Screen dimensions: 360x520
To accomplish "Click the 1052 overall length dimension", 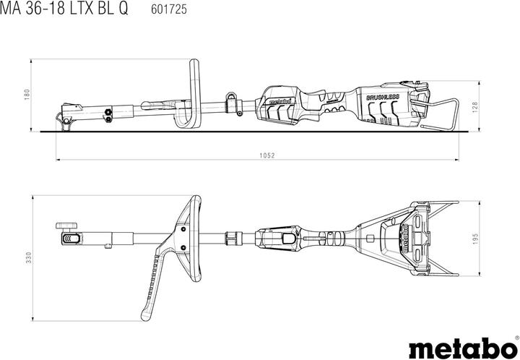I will pyautogui.click(x=257, y=155).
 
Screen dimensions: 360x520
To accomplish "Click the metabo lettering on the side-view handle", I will pyautogui.click(x=278, y=103).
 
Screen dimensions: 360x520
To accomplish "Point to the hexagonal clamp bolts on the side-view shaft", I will pyautogui.click(x=109, y=112).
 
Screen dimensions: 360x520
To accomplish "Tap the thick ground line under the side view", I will pyautogui.click(x=253, y=132).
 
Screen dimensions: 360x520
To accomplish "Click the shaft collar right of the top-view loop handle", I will pyautogui.click(x=232, y=237).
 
